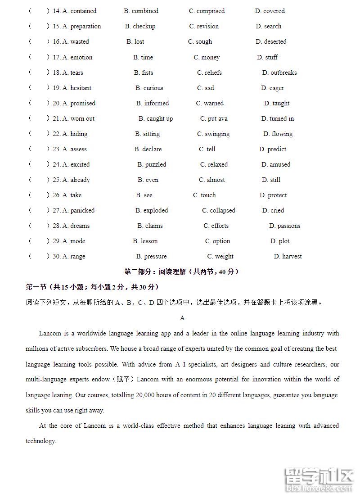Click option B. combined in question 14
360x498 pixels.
tap(141, 11)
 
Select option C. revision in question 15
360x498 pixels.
tap(204, 26)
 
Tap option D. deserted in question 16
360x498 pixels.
tap(271, 41)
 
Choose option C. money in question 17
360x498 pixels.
tap(207, 57)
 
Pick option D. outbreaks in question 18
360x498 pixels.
tap(279, 72)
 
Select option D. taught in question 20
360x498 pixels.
tap(277, 103)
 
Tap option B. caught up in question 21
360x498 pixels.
tap(156, 118)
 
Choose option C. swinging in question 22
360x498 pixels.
tap(213, 134)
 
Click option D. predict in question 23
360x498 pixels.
tap(273, 149)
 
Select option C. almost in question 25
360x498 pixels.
tap(212, 180)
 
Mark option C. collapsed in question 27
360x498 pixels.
tap(219, 210)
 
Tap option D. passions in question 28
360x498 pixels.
tap(285, 226)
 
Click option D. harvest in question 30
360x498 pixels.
tap(288, 256)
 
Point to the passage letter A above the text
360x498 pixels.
tap(182, 318)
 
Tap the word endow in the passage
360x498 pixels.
tap(101, 379)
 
